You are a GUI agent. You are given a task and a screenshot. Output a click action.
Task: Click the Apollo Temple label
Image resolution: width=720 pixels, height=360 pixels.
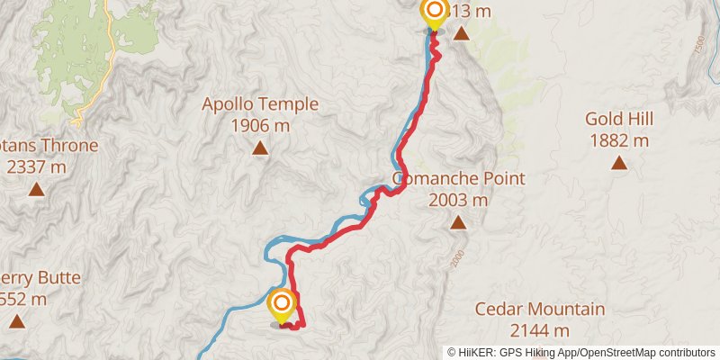coord(260,104)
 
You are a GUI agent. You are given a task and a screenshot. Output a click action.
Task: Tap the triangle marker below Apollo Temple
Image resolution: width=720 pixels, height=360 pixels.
coord(260,148)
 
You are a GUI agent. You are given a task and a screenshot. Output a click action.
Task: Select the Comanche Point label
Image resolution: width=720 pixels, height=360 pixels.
coord(459,178)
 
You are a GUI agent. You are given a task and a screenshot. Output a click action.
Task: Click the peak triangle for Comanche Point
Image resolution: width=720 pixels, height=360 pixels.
coord(458,222)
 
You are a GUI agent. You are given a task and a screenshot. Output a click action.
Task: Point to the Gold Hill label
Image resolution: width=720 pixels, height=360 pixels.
coord(619,119)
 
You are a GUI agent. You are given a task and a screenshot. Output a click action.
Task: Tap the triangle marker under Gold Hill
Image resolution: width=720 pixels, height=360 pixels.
coord(619,163)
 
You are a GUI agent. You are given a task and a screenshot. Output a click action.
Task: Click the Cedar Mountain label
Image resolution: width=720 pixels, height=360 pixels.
coord(540,310)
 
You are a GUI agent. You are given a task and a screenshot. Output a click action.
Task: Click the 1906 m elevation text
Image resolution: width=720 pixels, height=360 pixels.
coord(260,126)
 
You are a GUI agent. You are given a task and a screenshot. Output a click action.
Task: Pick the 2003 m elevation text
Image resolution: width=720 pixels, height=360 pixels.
coord(459,200)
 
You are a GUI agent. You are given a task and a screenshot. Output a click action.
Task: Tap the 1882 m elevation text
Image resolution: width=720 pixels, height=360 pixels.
coord(619,140)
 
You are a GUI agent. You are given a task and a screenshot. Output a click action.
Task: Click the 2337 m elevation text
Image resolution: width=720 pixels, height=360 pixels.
coord(36,167)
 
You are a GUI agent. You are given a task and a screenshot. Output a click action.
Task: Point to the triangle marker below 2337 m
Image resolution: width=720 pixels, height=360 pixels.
coord(36,189)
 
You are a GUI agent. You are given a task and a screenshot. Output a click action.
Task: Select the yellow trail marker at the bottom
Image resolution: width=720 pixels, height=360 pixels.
coord(282,304)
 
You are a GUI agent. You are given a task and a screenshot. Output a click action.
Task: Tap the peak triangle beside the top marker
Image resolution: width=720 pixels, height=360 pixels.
coord(462,34)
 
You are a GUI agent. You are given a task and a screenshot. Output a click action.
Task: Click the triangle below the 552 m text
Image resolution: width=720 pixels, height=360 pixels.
coord(16,321)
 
